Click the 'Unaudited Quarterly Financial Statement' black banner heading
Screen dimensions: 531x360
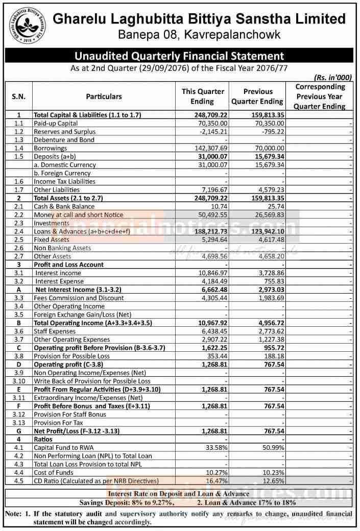tap(179, 55)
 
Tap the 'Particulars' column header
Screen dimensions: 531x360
tap(104, 96)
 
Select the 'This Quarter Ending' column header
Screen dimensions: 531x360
tap(203, 96)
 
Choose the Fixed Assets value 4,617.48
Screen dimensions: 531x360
tap(269, 239)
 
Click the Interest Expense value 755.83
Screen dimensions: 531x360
tap(272, 281)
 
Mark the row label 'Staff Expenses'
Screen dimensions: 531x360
tap(55, 331)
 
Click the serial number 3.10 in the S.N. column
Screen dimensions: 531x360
tap(19, 381)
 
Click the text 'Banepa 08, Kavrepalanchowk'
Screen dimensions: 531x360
tap(199, 35)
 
